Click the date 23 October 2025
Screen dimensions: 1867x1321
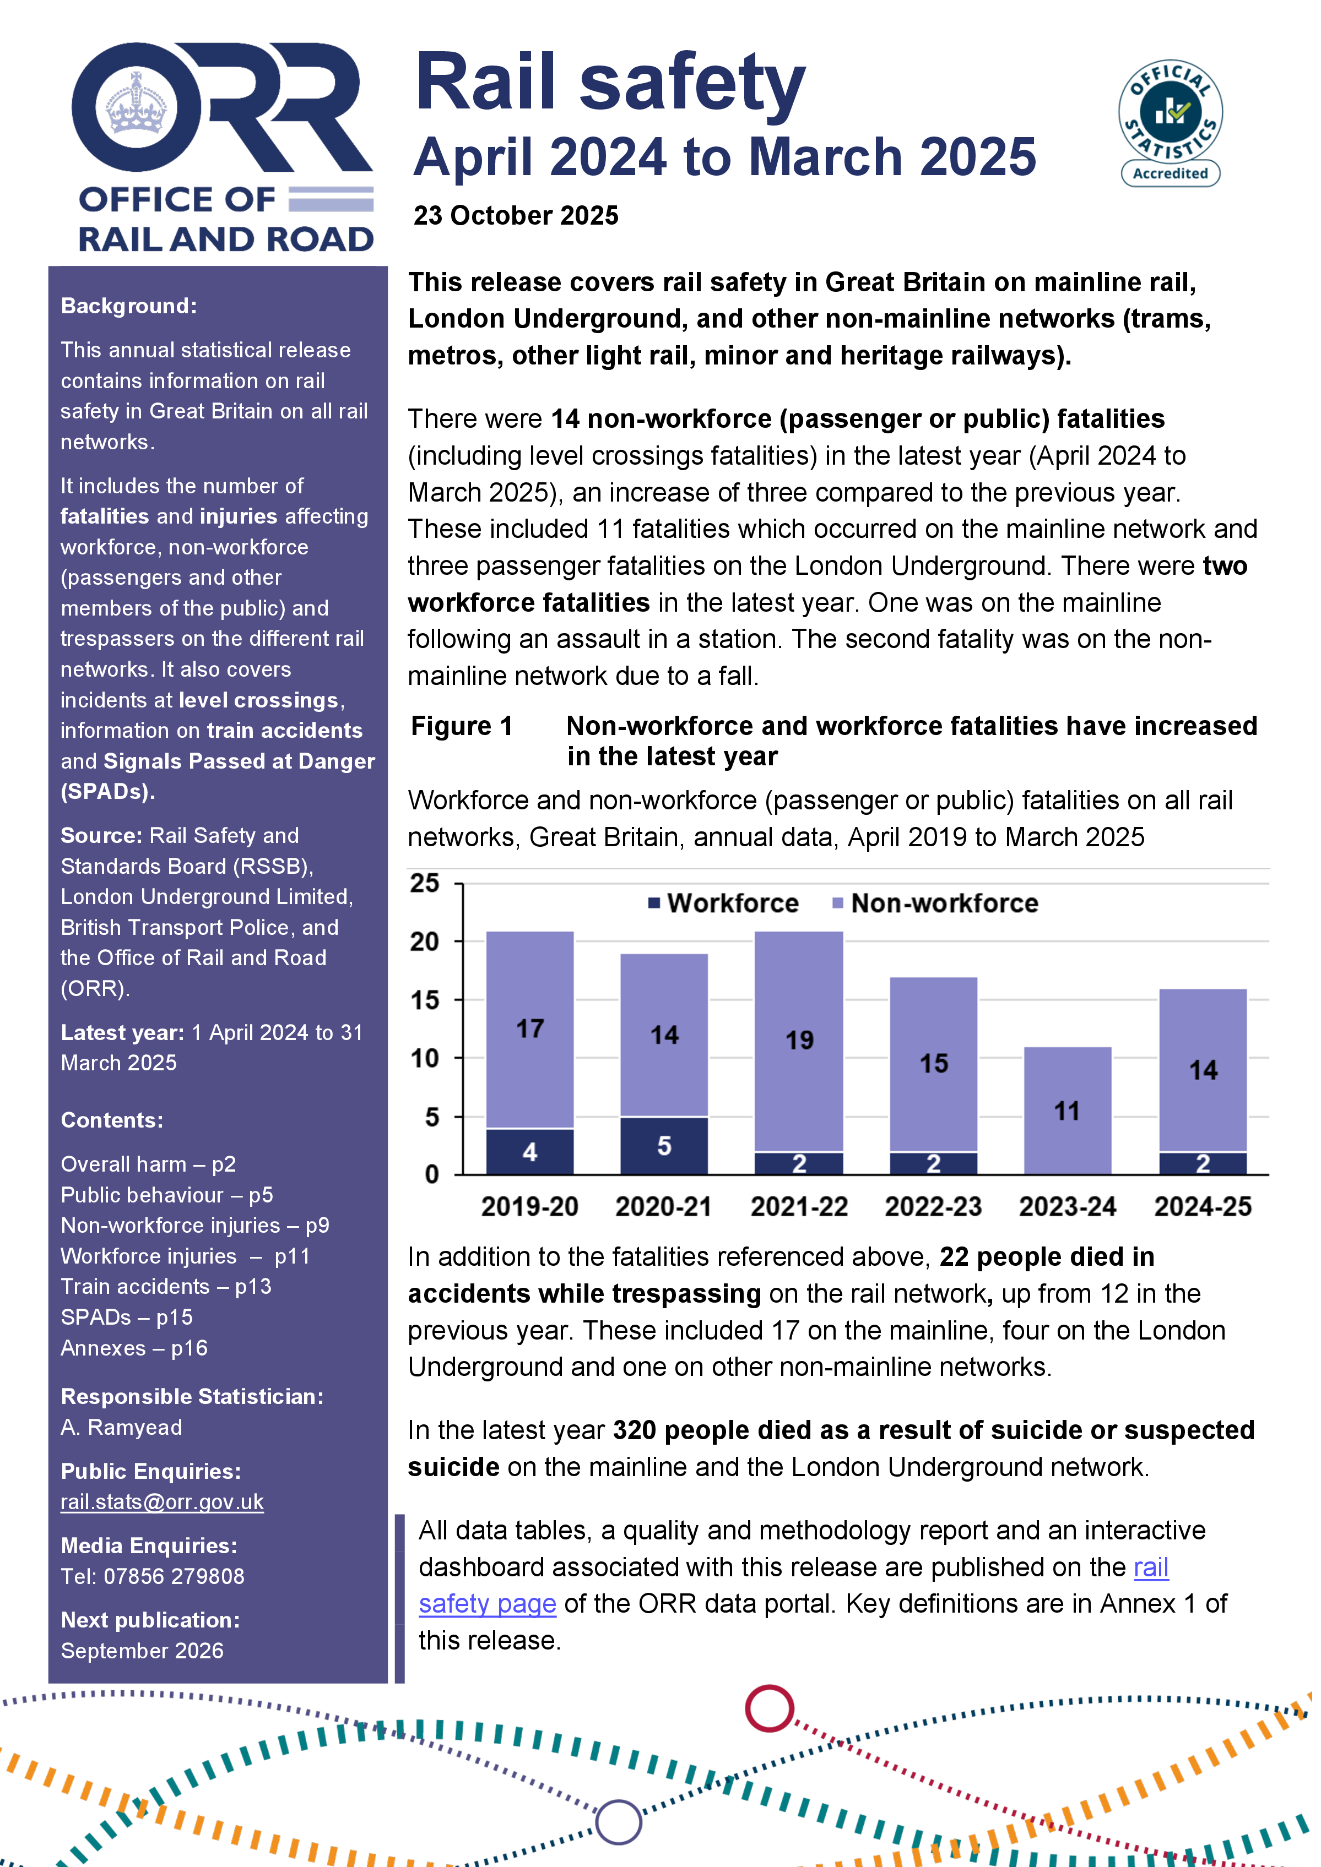coord(516,215)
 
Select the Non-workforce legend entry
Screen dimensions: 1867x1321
coord(935,903)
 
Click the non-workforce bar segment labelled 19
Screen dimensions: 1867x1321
coord(799,1040)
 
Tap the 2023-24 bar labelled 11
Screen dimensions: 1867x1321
coord(1066,1111)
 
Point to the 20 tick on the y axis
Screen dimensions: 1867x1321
coord(425,941)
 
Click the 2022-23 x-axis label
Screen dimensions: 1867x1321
coord(933,1207)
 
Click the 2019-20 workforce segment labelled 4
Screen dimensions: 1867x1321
coord(529,1151)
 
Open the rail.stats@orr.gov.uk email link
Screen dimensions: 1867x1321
coord(162,1502)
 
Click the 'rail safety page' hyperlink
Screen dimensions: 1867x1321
coord(487,1603)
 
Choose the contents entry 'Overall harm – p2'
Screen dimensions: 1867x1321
coord(148,1164)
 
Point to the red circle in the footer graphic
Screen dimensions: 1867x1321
coord(768,1708)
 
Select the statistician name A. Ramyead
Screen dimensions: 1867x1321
coord(121,1427)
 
